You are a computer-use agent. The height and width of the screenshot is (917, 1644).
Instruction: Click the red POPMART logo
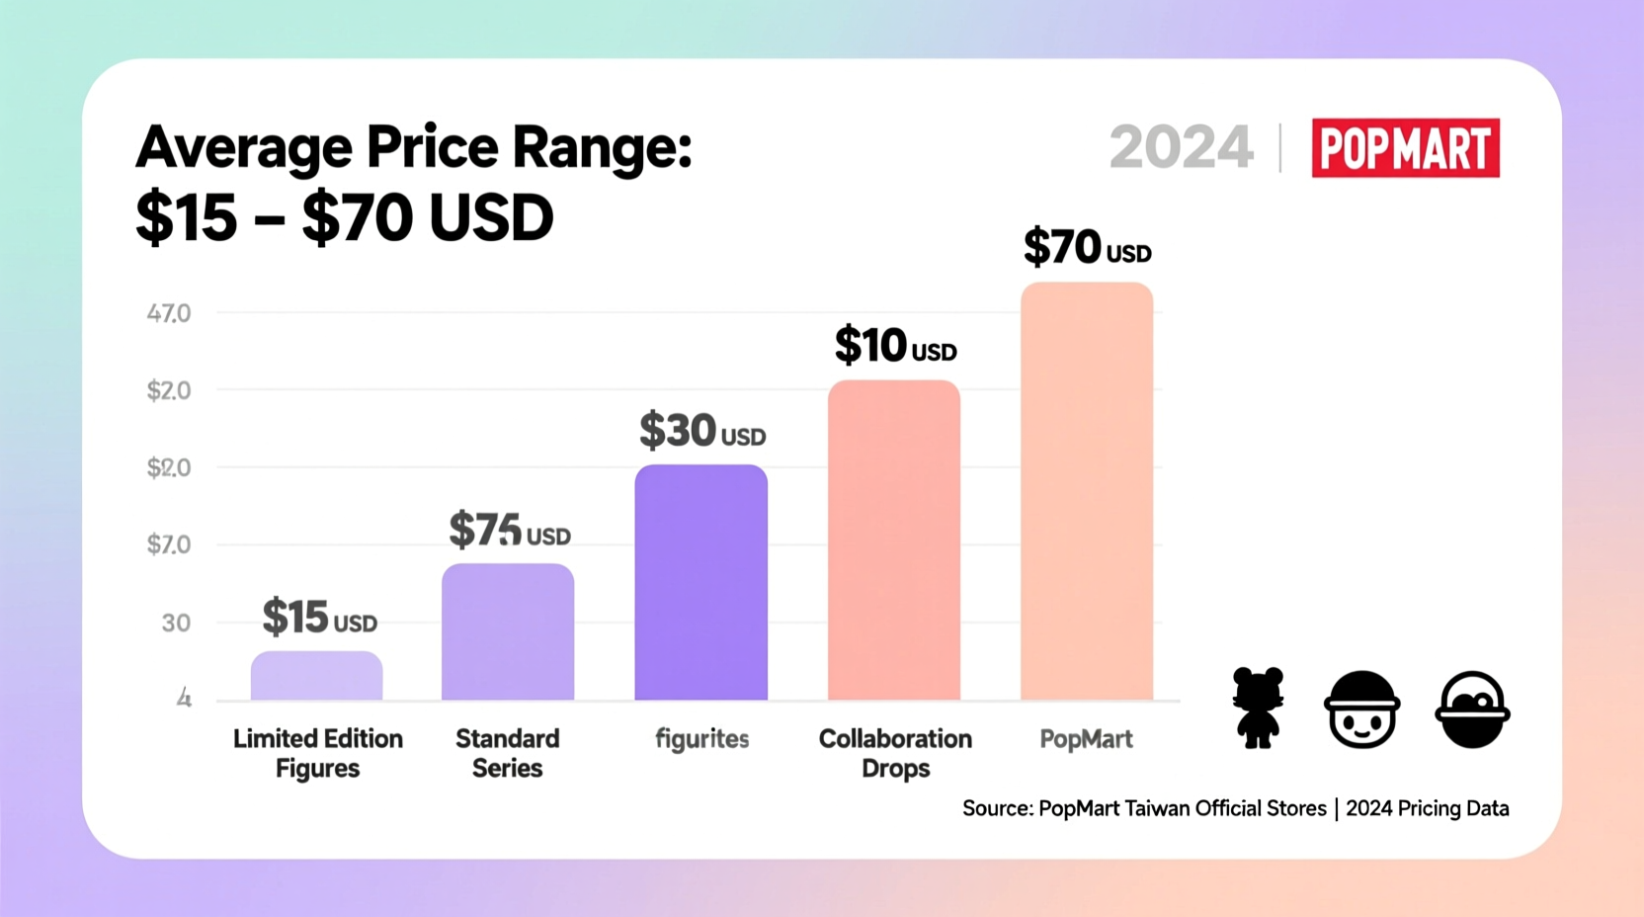(x=1406, y=147)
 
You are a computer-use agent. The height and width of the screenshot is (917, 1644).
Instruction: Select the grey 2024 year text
(x=1181, y=147)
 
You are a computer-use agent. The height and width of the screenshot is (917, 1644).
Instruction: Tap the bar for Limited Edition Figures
(x=316, y=676)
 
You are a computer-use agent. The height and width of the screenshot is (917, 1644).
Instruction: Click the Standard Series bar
(x=508, y=632)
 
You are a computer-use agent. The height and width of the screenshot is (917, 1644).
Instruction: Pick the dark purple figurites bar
(x=700, y=582)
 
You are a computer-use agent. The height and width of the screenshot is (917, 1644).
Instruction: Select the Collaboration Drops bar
(x=894, y=541)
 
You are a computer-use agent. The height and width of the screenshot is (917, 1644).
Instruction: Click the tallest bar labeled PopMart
(x=1087, y=491)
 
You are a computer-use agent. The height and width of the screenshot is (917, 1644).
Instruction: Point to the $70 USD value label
(x=1088, y=247)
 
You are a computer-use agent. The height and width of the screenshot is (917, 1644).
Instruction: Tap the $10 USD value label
(x=895, y=345)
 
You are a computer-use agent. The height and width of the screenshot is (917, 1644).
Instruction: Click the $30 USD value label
(x=702, y=430)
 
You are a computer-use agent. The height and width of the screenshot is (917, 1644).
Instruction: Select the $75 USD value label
(x=510, y=530)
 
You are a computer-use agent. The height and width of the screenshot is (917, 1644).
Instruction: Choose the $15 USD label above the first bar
(x=319, y=617)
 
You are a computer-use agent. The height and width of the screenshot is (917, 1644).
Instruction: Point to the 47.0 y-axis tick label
(x=169, y=313)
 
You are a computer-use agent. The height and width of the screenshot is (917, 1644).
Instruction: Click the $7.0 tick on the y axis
(x=169, y=544)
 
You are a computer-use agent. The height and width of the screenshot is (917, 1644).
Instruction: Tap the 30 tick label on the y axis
(x=176, y=624)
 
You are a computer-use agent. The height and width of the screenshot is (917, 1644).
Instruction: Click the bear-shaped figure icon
(x=1258, y=708)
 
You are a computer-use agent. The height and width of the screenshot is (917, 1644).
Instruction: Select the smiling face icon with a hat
(x=1362, y=709)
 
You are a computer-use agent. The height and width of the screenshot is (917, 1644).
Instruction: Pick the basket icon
(x=1472, y=709)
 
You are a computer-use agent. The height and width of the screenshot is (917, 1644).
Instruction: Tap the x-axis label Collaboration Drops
(x=895, y=753)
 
